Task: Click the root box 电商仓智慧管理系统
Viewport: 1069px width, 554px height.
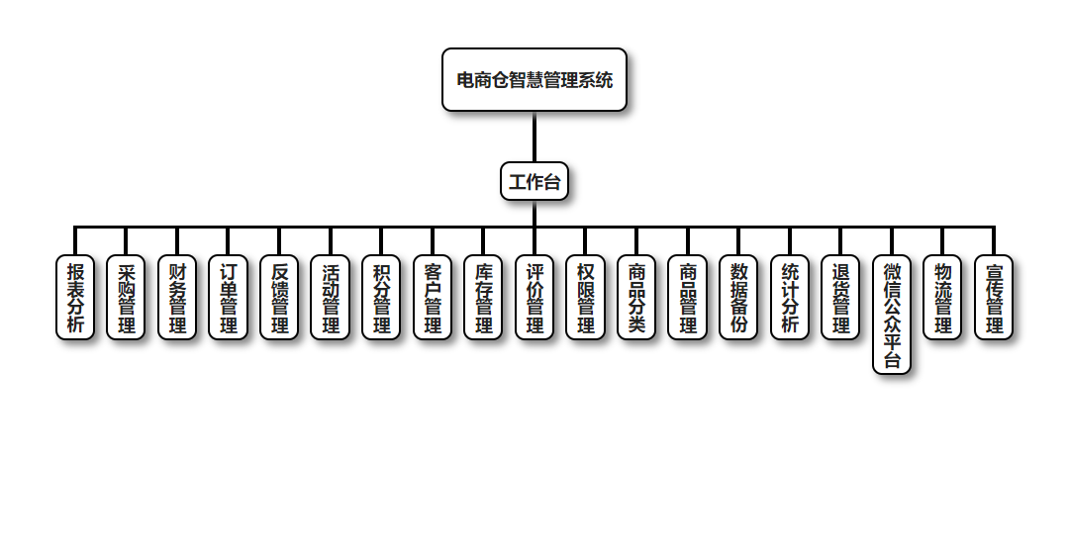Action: pos(534,79)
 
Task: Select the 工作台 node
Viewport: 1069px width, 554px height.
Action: pos(534,181)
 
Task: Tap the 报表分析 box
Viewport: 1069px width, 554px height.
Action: pos(75,297)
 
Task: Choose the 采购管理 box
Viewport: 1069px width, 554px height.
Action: pos(126,297)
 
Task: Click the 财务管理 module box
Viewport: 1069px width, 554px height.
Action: pos(177,297)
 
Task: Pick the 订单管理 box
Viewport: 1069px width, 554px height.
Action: pos(229,297)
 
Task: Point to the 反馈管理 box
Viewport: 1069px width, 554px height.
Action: pos(279,297)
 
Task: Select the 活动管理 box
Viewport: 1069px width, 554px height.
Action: pos(331,297)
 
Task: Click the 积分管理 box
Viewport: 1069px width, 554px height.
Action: pos(381,297)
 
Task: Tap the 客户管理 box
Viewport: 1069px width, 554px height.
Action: pos(433,297)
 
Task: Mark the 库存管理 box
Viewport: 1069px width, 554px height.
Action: pos(483,297)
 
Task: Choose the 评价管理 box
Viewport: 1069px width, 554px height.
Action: pos(534,297)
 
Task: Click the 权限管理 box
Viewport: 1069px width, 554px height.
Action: pos(586,297)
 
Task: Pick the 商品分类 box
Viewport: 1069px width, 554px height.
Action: pos(636,297)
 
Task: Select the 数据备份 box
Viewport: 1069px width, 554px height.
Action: pos(738,297)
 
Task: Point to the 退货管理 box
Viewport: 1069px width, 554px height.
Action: pos(840,297)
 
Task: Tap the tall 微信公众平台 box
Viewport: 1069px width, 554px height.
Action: pos(892,315)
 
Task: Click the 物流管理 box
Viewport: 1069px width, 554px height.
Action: pos(942,297)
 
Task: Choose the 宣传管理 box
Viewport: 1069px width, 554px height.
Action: pos(994,297)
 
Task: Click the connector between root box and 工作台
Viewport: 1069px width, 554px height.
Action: pos(534,137)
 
